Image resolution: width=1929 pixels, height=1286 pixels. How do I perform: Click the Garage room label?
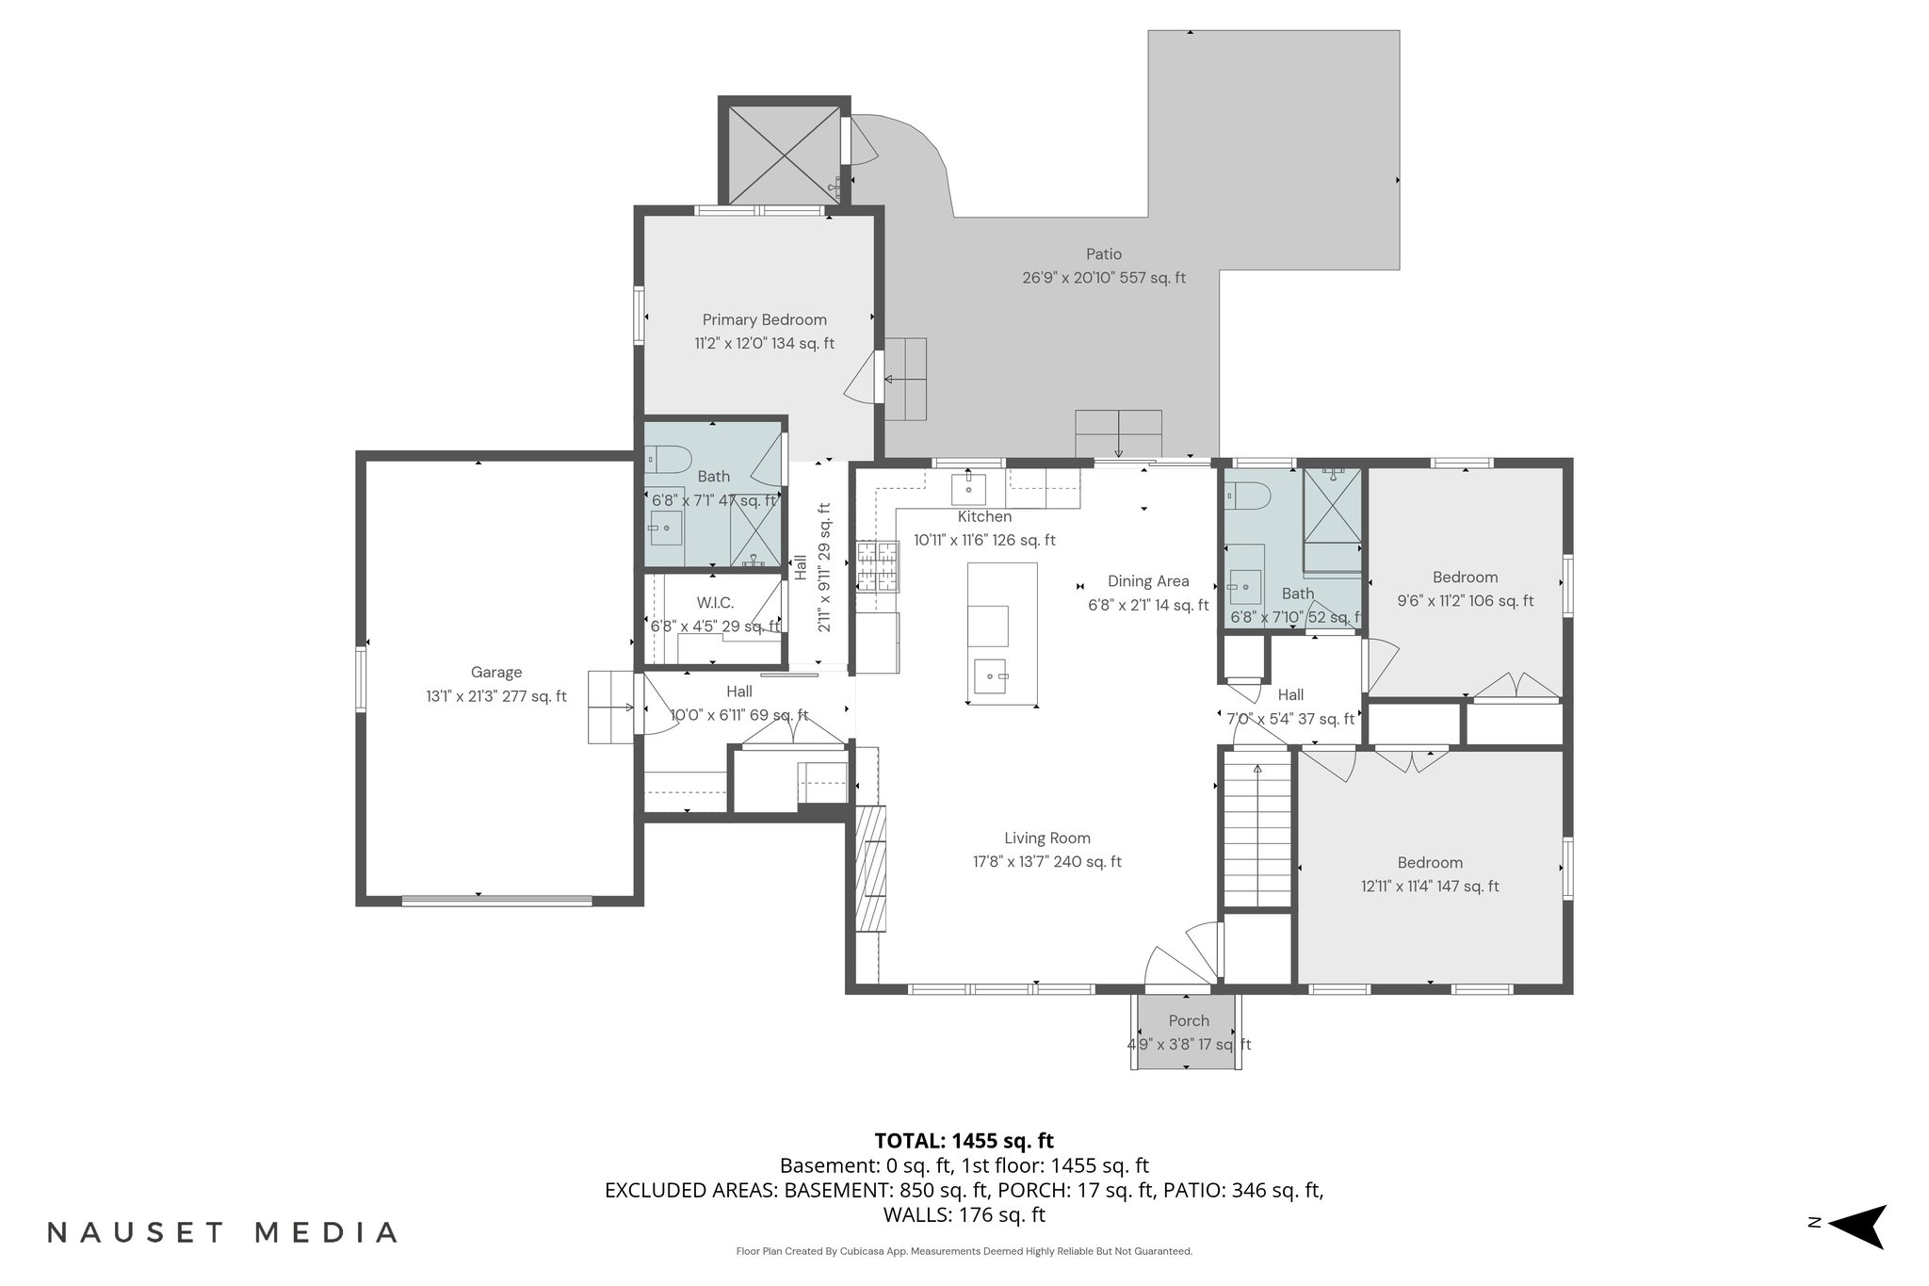tap(496, 672)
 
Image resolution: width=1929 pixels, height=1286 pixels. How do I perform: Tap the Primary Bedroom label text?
tap(764, 319)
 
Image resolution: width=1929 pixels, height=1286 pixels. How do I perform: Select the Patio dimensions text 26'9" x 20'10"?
tap(1068, 278)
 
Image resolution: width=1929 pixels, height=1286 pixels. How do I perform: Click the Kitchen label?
tap(984, 516)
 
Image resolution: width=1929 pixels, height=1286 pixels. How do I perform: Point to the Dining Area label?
tap(1147, 581)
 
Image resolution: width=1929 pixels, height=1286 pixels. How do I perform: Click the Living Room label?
tap(1046, 838)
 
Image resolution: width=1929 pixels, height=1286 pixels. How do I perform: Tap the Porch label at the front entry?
tap(1188, 1020)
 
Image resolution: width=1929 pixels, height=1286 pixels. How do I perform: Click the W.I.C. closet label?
tap(715, 603)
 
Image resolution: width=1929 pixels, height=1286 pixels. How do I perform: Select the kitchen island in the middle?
tap(1002, 633)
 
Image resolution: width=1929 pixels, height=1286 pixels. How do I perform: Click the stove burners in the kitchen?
tap(878, 566)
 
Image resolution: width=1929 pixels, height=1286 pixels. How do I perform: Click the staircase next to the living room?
tap(1256, 829)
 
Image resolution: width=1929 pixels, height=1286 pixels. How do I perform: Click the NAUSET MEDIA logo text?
tap(222, 1232)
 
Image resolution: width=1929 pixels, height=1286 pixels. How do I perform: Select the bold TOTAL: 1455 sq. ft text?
tap(964, 1141)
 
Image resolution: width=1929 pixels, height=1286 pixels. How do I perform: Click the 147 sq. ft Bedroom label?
tap(1429, 862)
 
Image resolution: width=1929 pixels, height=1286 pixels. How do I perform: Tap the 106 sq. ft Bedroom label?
tap(1465, 578)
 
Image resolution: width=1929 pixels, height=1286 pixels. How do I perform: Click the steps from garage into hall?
tap(610, 707)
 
